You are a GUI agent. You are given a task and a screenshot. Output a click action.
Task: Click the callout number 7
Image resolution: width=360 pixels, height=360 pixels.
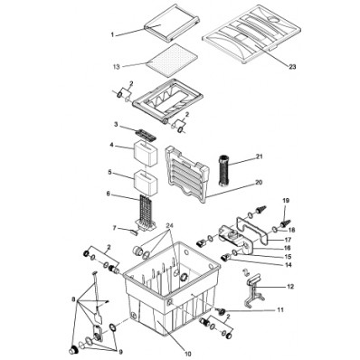click(113, 228)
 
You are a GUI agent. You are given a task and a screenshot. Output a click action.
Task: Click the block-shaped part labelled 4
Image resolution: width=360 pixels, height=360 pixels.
click(146, 147)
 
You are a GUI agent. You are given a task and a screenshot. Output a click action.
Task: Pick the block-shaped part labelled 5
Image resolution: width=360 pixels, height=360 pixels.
click(146, 178)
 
